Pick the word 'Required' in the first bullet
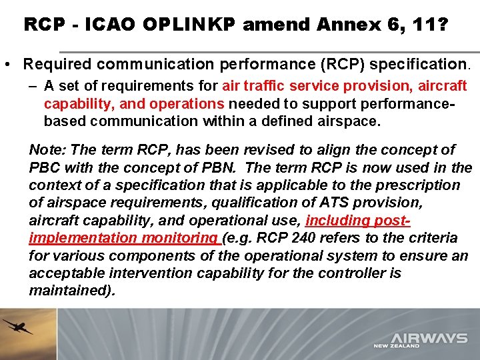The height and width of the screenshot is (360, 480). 57,65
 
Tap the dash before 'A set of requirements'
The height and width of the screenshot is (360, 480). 33,86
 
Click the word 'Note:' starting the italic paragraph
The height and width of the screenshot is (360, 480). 48,151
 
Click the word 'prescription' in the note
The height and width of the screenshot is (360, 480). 420,185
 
